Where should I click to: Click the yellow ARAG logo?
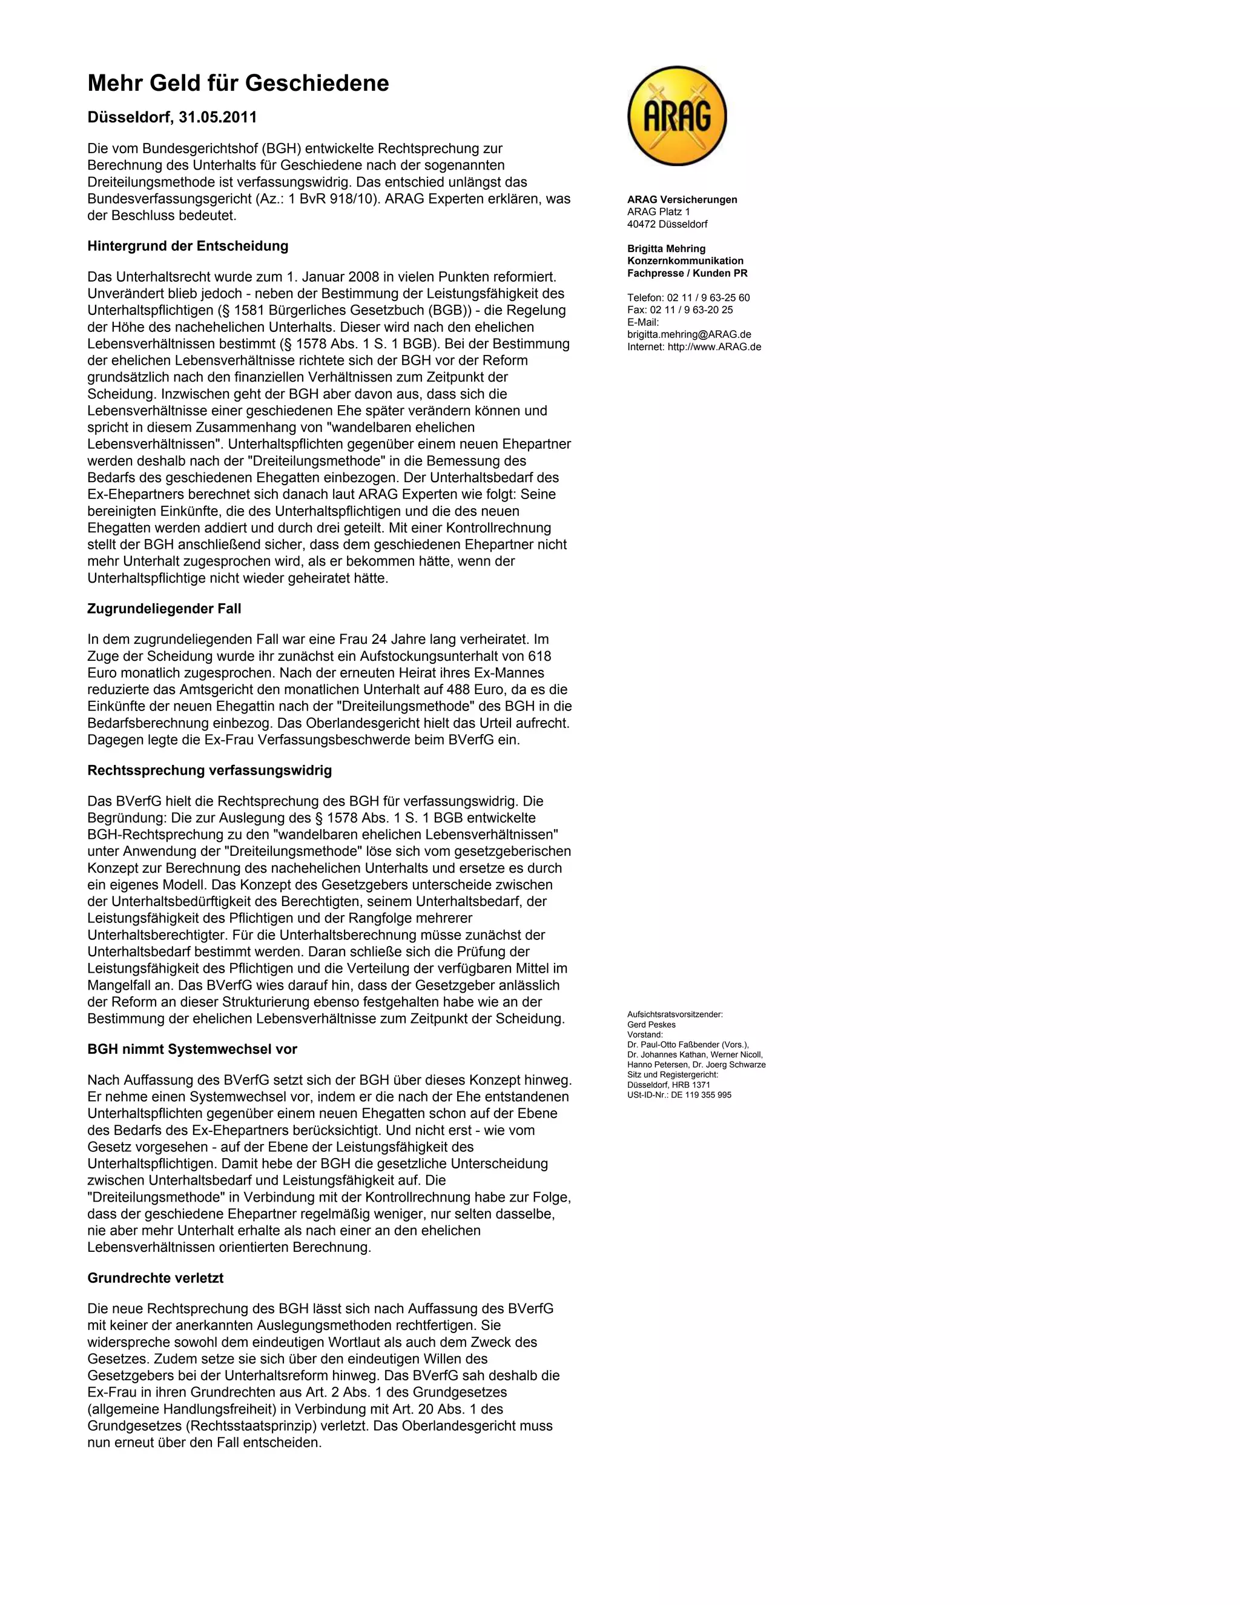[676, 116]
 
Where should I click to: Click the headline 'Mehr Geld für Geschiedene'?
[238, 83]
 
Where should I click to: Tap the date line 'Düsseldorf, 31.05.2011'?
[172, 117]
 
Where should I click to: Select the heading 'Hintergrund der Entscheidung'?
[187, 246]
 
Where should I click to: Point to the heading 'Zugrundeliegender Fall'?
[164, 609]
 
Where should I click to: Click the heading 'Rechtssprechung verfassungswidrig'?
[209, 770]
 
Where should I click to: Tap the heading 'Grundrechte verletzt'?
[155, 1278]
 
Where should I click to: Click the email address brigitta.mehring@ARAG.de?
[689, 334]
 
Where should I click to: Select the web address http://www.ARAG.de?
[714, 347]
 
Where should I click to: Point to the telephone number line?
[688, 297]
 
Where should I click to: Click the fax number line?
[679, 310]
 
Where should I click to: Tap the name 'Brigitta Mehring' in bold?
[666, 248]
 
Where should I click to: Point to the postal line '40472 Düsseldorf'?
[667, 224]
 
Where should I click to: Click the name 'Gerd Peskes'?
[651, 1024]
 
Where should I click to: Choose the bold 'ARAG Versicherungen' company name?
[682, 200]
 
